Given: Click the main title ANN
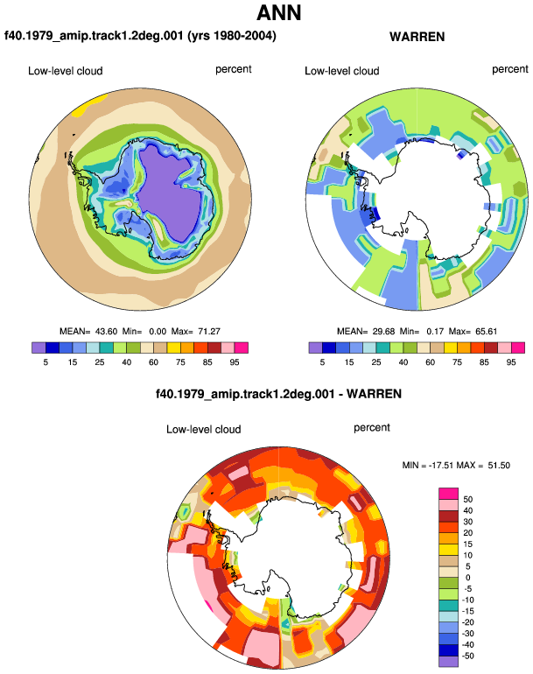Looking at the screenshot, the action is coord(278,13).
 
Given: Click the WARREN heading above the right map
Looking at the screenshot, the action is coord(417,37).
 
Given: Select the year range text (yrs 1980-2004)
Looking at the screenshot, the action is coord(232,36).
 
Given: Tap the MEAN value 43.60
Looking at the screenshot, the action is coord(106,332).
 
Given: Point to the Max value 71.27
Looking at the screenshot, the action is coord(209,332).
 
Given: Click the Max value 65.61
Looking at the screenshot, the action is coord(486,332).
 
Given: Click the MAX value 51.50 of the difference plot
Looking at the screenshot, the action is coord(499,466).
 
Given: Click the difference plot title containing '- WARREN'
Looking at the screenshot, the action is coord(278,394).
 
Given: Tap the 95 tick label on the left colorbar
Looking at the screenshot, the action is coord(235,362).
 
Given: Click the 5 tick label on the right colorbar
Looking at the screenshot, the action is coord(322,362).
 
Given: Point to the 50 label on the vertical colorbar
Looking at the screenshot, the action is coord(467,500).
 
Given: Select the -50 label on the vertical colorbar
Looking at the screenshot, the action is coord(467,656).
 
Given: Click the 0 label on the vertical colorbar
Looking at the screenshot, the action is coord(467,578).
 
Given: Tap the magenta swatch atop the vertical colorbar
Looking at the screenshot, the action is coord(449,494).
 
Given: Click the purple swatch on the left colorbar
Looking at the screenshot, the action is coord(39,348).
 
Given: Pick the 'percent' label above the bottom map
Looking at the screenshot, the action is coord(372,428).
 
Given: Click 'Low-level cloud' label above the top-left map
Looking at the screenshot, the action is coord(66,71).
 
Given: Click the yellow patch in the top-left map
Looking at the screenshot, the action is coord(88,105).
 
